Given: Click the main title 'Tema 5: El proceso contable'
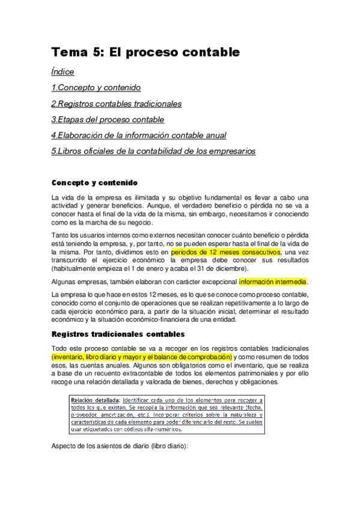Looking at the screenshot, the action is (145, 52).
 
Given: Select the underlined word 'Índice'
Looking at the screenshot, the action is (63, 72).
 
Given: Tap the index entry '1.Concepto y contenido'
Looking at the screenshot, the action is (96, 88).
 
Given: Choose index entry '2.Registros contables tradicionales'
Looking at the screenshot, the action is (117, 104).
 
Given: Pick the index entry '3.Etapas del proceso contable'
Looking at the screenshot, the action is (108, 120).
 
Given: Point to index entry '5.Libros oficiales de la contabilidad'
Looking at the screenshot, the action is (154, 152).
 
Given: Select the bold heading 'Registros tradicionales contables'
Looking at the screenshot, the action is (118, 334).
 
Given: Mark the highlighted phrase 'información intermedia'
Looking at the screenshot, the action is (273, 281).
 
